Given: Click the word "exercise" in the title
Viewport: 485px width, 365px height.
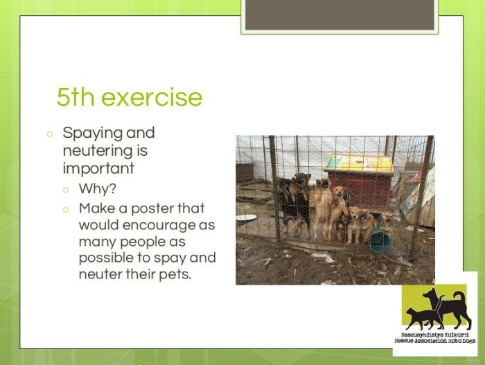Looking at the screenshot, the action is coord(152,97).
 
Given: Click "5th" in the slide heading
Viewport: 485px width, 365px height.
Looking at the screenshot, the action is coord(76,97).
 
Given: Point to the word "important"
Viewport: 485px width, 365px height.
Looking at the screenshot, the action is coord(98,168).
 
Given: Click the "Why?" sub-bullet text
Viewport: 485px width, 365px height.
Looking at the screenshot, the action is coord(98,188).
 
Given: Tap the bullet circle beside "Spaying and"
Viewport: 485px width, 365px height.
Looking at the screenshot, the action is coord(50,134).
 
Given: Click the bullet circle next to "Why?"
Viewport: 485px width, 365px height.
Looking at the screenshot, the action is coord(65,190).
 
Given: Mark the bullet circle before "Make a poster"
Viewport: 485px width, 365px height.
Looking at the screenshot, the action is coord(65,210).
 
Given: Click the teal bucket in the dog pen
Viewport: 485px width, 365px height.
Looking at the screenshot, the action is coord(380,240).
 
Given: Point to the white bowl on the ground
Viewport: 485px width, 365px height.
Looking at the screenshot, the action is coord(247,219).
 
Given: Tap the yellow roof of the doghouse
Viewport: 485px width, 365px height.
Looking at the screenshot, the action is coord(359,163).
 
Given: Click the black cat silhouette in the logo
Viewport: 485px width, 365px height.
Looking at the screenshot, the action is coord(425,317).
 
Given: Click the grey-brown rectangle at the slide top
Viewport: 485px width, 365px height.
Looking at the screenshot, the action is coord(339,15).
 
